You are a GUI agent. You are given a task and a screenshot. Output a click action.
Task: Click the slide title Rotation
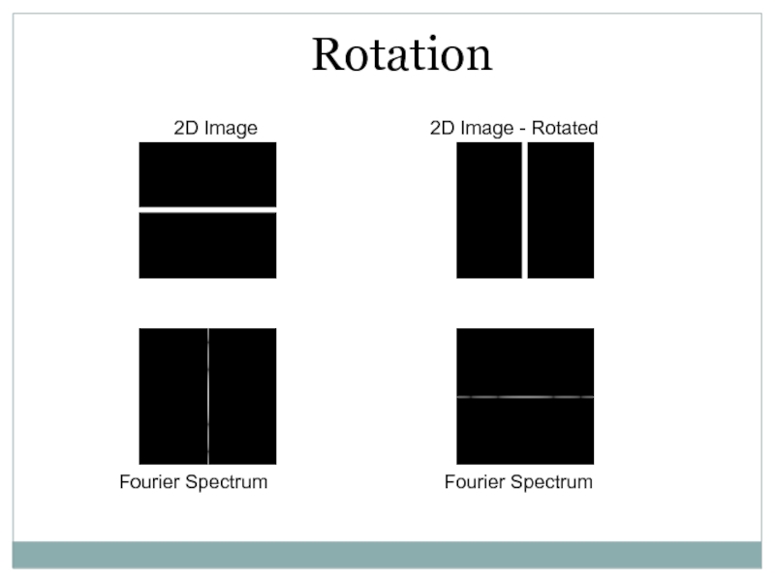402,55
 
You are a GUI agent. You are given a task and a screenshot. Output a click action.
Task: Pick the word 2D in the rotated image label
442,128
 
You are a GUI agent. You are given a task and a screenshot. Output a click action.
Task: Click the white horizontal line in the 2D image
207,210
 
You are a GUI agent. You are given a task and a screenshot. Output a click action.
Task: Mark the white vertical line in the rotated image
524,210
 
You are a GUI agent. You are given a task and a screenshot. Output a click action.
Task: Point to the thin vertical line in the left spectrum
208,396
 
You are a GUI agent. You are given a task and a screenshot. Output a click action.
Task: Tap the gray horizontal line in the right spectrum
524,397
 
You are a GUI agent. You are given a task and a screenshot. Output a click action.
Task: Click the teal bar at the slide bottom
387,554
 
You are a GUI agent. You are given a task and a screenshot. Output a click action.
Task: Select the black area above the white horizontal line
207,174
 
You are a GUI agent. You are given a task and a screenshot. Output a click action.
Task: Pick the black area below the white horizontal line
207,245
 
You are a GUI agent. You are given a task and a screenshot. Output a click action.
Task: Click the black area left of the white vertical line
488,210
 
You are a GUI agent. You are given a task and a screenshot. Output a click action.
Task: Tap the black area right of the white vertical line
560,210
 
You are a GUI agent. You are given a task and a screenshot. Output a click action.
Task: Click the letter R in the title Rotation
327,56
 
